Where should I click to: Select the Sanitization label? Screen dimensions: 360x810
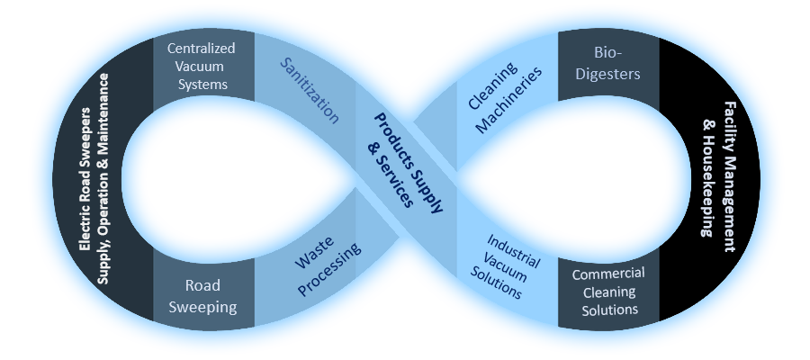click(309, 90)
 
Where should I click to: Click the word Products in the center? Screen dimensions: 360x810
click(396, 132)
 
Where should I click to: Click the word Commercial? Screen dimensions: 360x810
click(608, 274)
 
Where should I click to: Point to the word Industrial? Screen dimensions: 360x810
click(514, 250)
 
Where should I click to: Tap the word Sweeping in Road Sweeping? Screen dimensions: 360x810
click(204, 307)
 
